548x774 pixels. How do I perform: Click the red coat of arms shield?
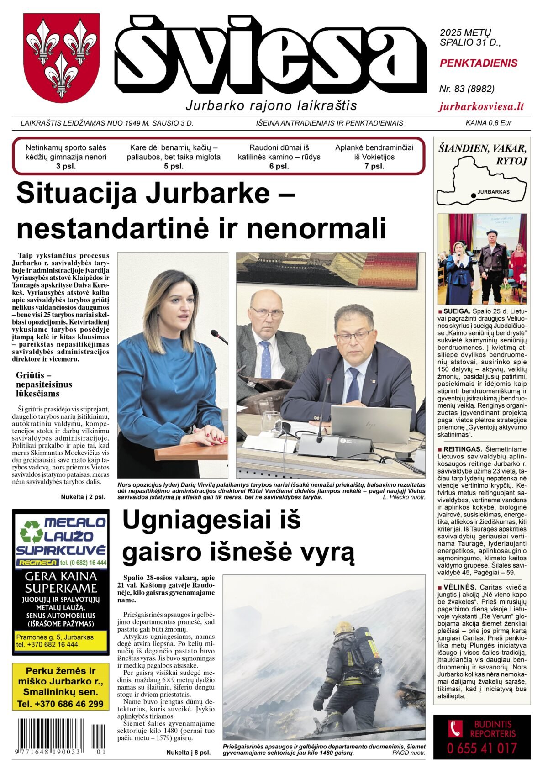[x=61, y=57]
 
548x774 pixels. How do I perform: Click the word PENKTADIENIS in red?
[x=478, y=63]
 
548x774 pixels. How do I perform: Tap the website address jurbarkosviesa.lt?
[x=481, y=107]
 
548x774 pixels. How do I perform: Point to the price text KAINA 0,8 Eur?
[x=488, y=123]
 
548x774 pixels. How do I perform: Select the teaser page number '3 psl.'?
[x=66, y=166]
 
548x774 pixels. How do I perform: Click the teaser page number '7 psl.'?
[x=374, y=166]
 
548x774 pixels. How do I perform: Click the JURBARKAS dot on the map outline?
[x=473, y=195]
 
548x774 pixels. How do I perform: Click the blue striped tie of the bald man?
[x=266, y=360]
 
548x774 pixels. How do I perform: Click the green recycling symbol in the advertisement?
[x=31, y=532]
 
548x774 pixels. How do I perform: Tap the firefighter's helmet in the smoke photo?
[x=344, y=628]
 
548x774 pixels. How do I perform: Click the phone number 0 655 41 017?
[x=482, y=749]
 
